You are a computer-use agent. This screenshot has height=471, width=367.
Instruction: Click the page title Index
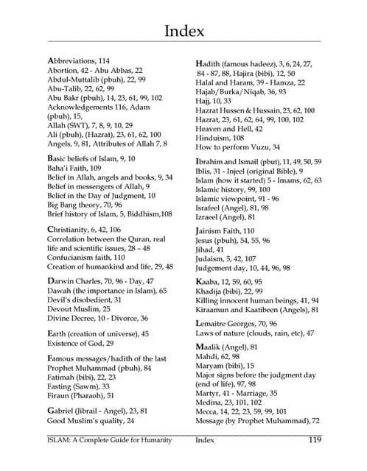click(x=183, y=30)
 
